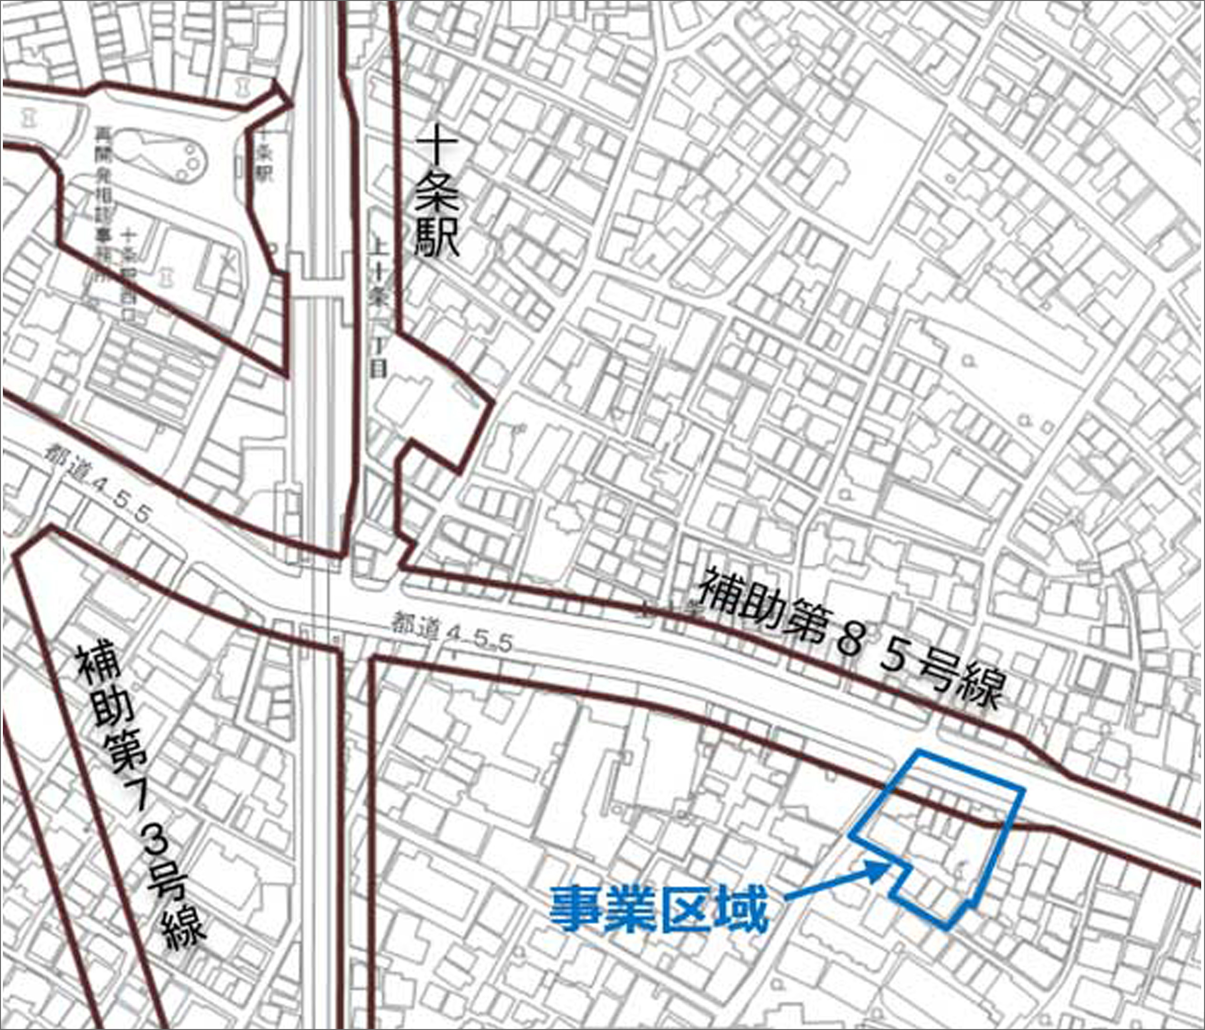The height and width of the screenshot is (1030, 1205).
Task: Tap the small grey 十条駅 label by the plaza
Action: (263, 157)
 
